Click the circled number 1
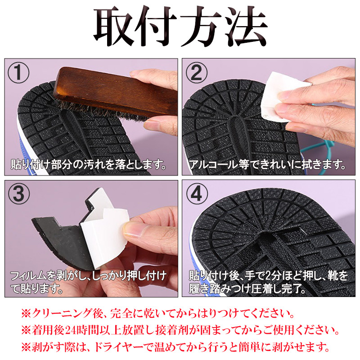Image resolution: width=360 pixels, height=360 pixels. pyautogui.click(x=18, y=73)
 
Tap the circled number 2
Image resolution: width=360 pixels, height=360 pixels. pyautogui.click(x=197, y=73)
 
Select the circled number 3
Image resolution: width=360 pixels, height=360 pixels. pyautogui.click(x=19, y=194)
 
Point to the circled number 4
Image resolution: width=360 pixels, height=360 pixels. pyautogui.click(x=197, y=194)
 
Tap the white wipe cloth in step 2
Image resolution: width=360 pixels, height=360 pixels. pyautogui.click(x=285, y=96)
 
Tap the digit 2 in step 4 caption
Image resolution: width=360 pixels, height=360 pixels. pyautogui.click(x=269, y=276)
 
